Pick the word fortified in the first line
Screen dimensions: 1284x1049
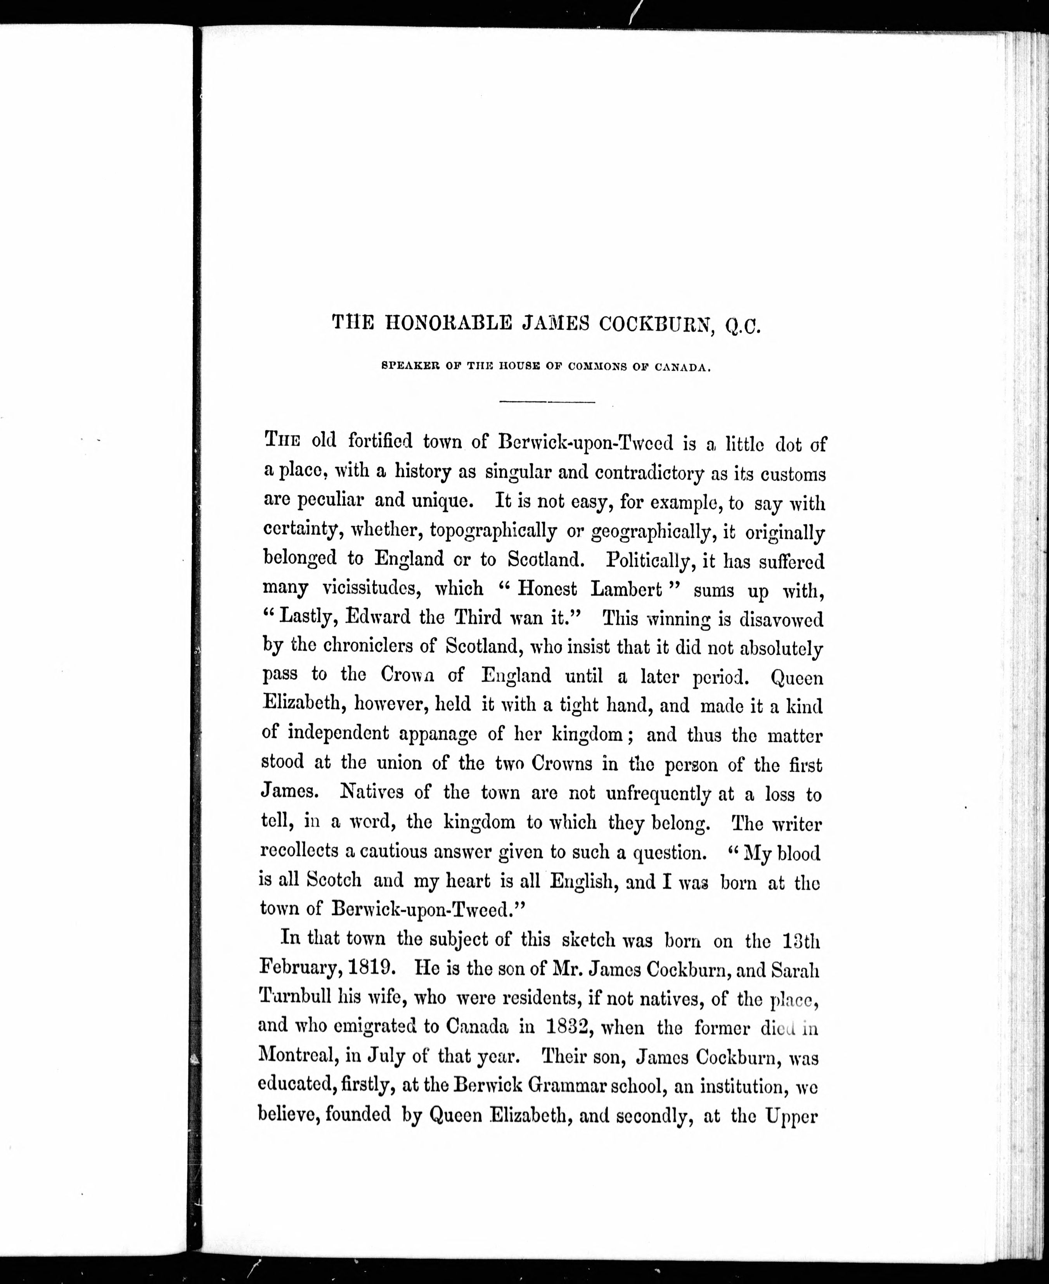380,442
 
